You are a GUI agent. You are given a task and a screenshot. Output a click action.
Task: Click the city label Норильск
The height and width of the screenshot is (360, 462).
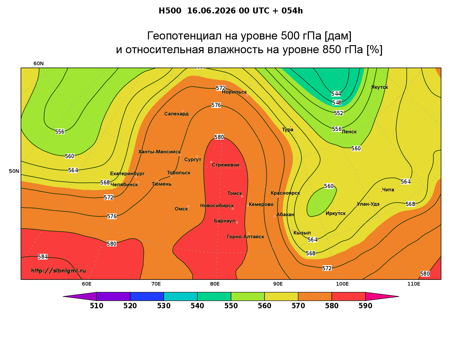(x=234, y=92)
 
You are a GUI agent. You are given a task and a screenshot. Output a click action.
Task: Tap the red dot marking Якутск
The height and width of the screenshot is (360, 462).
(x=387, y=84)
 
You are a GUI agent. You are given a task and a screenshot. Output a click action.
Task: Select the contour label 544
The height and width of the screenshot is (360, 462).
(x=336, y=94)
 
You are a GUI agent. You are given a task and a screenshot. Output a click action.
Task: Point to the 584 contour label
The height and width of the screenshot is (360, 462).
(x=43, y=257)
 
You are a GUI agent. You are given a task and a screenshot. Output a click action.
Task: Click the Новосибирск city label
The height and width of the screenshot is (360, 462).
(x=217, y=206)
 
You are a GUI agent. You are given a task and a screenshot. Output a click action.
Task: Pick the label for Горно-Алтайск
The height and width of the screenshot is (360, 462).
(x=245, y=237)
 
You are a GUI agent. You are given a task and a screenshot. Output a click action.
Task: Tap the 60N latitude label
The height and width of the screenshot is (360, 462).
(x=39, y=63)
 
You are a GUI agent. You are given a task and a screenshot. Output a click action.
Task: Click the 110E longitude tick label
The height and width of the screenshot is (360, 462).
(x=414, y=284)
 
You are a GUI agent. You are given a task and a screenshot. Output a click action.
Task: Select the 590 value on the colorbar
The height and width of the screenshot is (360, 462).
(x=365, y=306)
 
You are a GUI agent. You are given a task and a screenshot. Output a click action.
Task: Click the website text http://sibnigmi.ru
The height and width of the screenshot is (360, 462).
(x=59, y=271)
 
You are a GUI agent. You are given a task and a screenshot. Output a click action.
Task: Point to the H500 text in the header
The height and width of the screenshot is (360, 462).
(x=170, y=11)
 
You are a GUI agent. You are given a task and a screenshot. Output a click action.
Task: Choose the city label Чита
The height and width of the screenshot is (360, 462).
(x=388, y=190)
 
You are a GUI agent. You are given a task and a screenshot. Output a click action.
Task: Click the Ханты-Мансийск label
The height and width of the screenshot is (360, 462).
(x=160, y=152)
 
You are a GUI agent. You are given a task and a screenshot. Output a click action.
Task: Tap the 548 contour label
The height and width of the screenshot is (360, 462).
(x=337, y=103)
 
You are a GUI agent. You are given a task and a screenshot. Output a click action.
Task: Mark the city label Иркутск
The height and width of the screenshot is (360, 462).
(x=336, y=213)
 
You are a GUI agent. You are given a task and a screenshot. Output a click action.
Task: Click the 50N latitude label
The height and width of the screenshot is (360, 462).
(x=14, y=171)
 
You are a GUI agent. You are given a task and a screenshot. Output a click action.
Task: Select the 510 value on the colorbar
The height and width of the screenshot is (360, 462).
(x=97, y=306)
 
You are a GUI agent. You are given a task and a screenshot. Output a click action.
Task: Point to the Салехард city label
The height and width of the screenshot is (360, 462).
(x=176, y=114)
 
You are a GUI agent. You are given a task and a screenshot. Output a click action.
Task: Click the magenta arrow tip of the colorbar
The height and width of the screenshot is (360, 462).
(x=399, y=296)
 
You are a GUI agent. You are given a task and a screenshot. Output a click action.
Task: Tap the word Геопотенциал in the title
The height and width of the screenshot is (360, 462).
(x=185, y=36)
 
